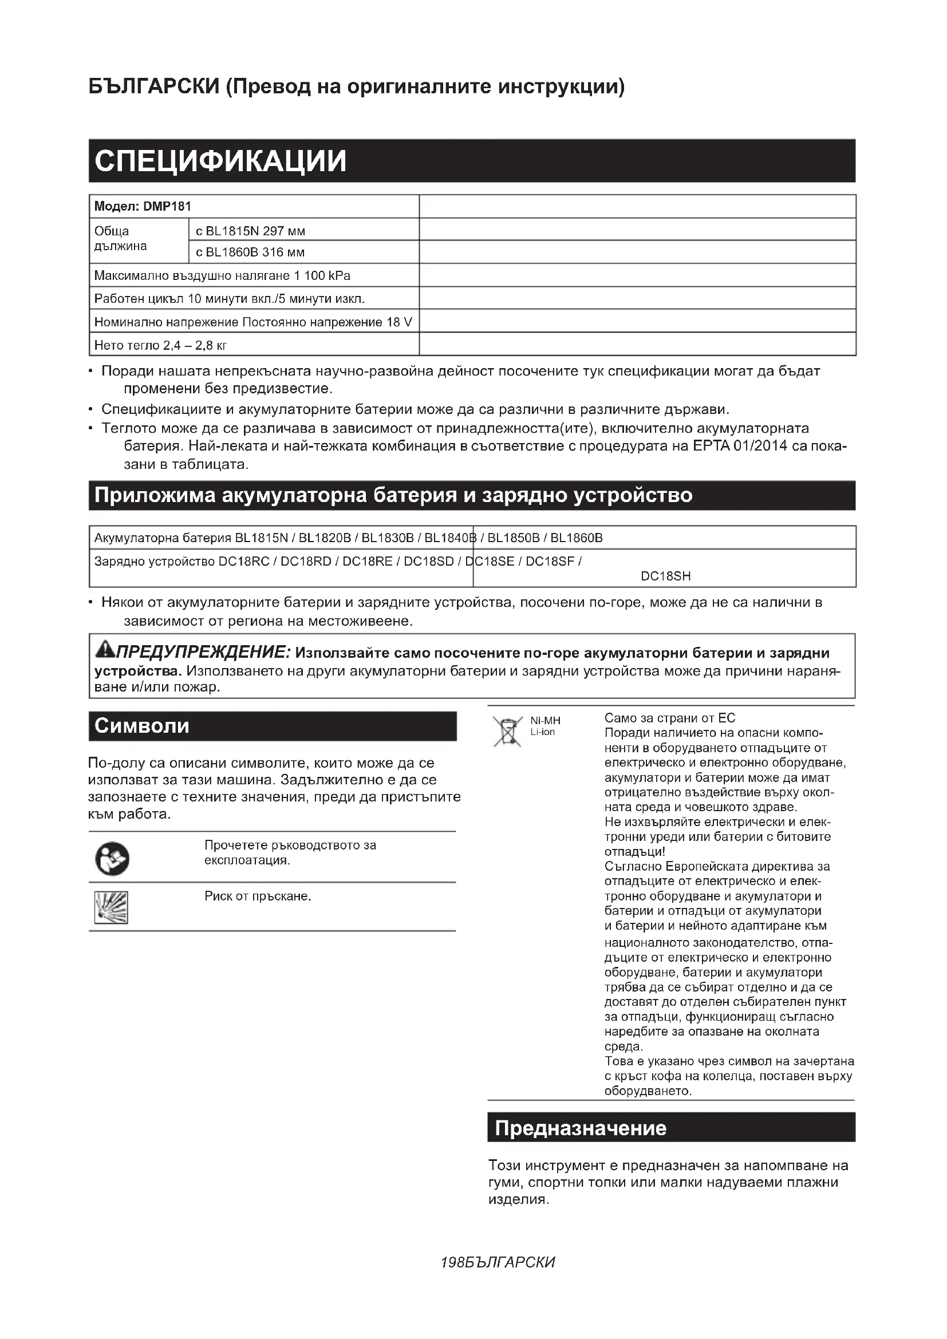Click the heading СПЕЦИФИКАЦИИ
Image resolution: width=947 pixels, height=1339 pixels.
[220, 161]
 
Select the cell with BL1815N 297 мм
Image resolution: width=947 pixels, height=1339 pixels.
[250, 231]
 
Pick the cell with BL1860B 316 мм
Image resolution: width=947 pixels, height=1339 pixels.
[250, 252]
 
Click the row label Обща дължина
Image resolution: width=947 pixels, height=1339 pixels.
[120, 238]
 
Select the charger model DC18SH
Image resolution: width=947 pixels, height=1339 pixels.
[665, 576]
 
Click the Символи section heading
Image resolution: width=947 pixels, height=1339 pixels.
[141, 725]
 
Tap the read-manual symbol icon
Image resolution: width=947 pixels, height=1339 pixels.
[112, 859]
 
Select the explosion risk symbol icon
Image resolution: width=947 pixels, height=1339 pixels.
[112, 907]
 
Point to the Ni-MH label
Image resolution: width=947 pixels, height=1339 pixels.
[544, 721]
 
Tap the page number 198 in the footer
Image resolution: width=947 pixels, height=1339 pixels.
[452, 1263]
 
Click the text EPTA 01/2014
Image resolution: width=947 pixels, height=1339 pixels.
[740, 446]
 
